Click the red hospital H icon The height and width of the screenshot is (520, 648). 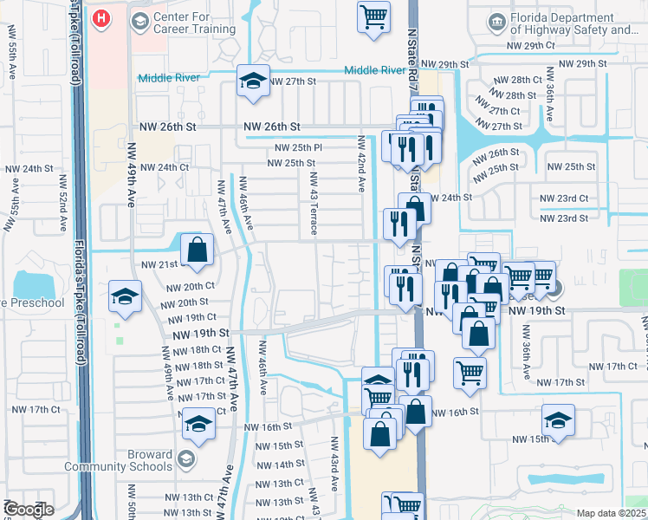click(101, 18)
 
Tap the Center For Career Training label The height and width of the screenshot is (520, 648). click(194, 23)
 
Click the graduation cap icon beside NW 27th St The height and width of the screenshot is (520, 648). click(253, 81)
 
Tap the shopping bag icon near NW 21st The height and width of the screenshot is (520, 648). click(198, 250)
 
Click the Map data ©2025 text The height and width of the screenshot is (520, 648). click(611, 513)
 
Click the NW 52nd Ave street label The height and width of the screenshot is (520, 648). click(63, 203)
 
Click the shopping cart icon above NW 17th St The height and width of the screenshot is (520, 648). click(470, 372)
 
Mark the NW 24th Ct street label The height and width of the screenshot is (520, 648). click(165, 167)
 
